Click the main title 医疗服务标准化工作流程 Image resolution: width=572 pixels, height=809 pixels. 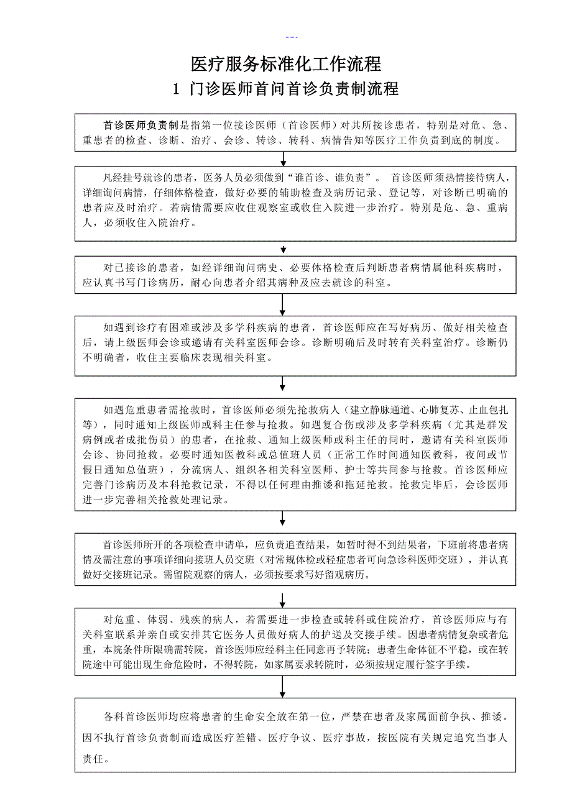285,64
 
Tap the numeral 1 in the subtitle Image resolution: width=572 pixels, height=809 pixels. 176,89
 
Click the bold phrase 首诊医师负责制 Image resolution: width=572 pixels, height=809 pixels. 141,125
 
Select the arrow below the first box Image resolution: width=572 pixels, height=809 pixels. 283,158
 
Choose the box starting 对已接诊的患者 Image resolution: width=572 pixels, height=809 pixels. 295,275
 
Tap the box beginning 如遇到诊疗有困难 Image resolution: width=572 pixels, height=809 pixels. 295,345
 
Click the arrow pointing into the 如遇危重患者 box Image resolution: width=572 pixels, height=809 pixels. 283,383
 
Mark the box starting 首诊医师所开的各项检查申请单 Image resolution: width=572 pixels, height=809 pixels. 295,559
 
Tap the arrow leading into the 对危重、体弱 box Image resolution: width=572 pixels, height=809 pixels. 283,600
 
